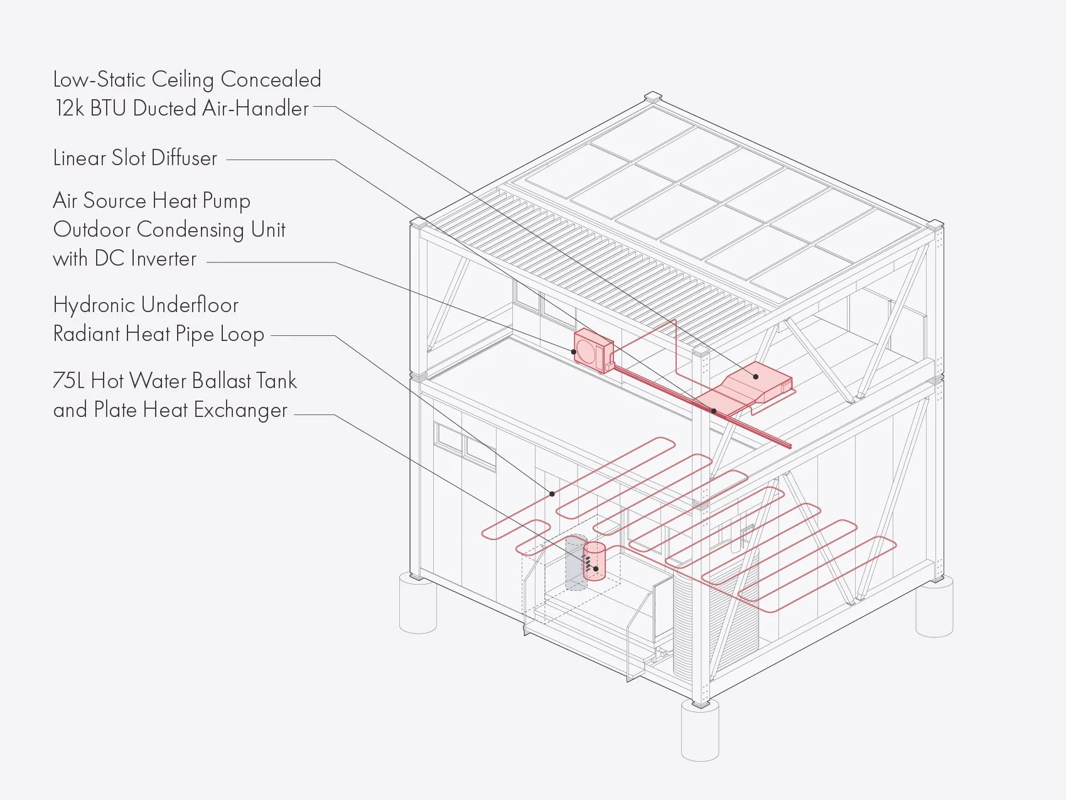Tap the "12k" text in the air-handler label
pyautogui.click(x=69, y=109)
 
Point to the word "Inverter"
pyautogui.click(x=163, y=259)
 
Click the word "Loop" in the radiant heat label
pyautogui.click(x=242, y=335)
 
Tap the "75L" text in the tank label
pyautogui.click(x=68, y=381)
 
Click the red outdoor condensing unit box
pyautogui.click(x=593, y=350)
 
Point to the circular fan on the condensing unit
pyautogui.click(x=588, y=352)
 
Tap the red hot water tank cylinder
pyautogui.click(x=595, y=561)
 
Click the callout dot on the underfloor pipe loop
pyautogui.click(x=552, y=494)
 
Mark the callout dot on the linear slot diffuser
pyautogui.click(x=714, y=411)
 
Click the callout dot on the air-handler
pyautogui.click(x=756, y=377)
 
